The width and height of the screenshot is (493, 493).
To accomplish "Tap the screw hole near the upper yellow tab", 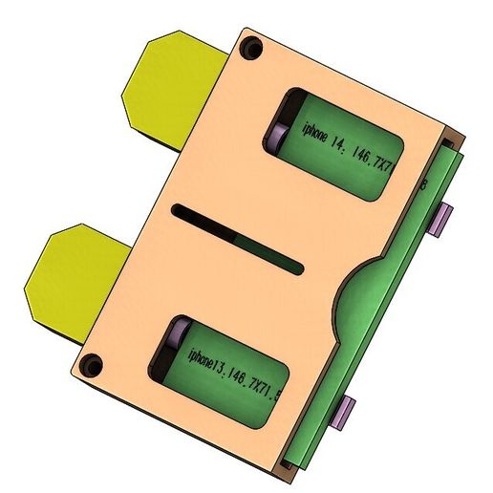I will [x=252, y=46].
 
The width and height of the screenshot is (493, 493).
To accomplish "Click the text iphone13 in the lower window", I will [x=203, y=362].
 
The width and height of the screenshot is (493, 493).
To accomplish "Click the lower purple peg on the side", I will [x=343, y=412].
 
